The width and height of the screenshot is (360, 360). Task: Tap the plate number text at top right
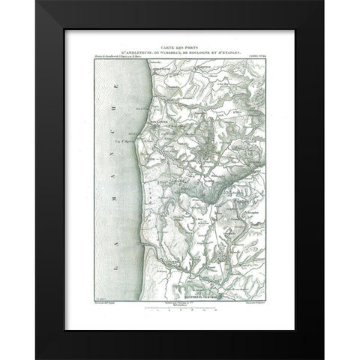255,55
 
